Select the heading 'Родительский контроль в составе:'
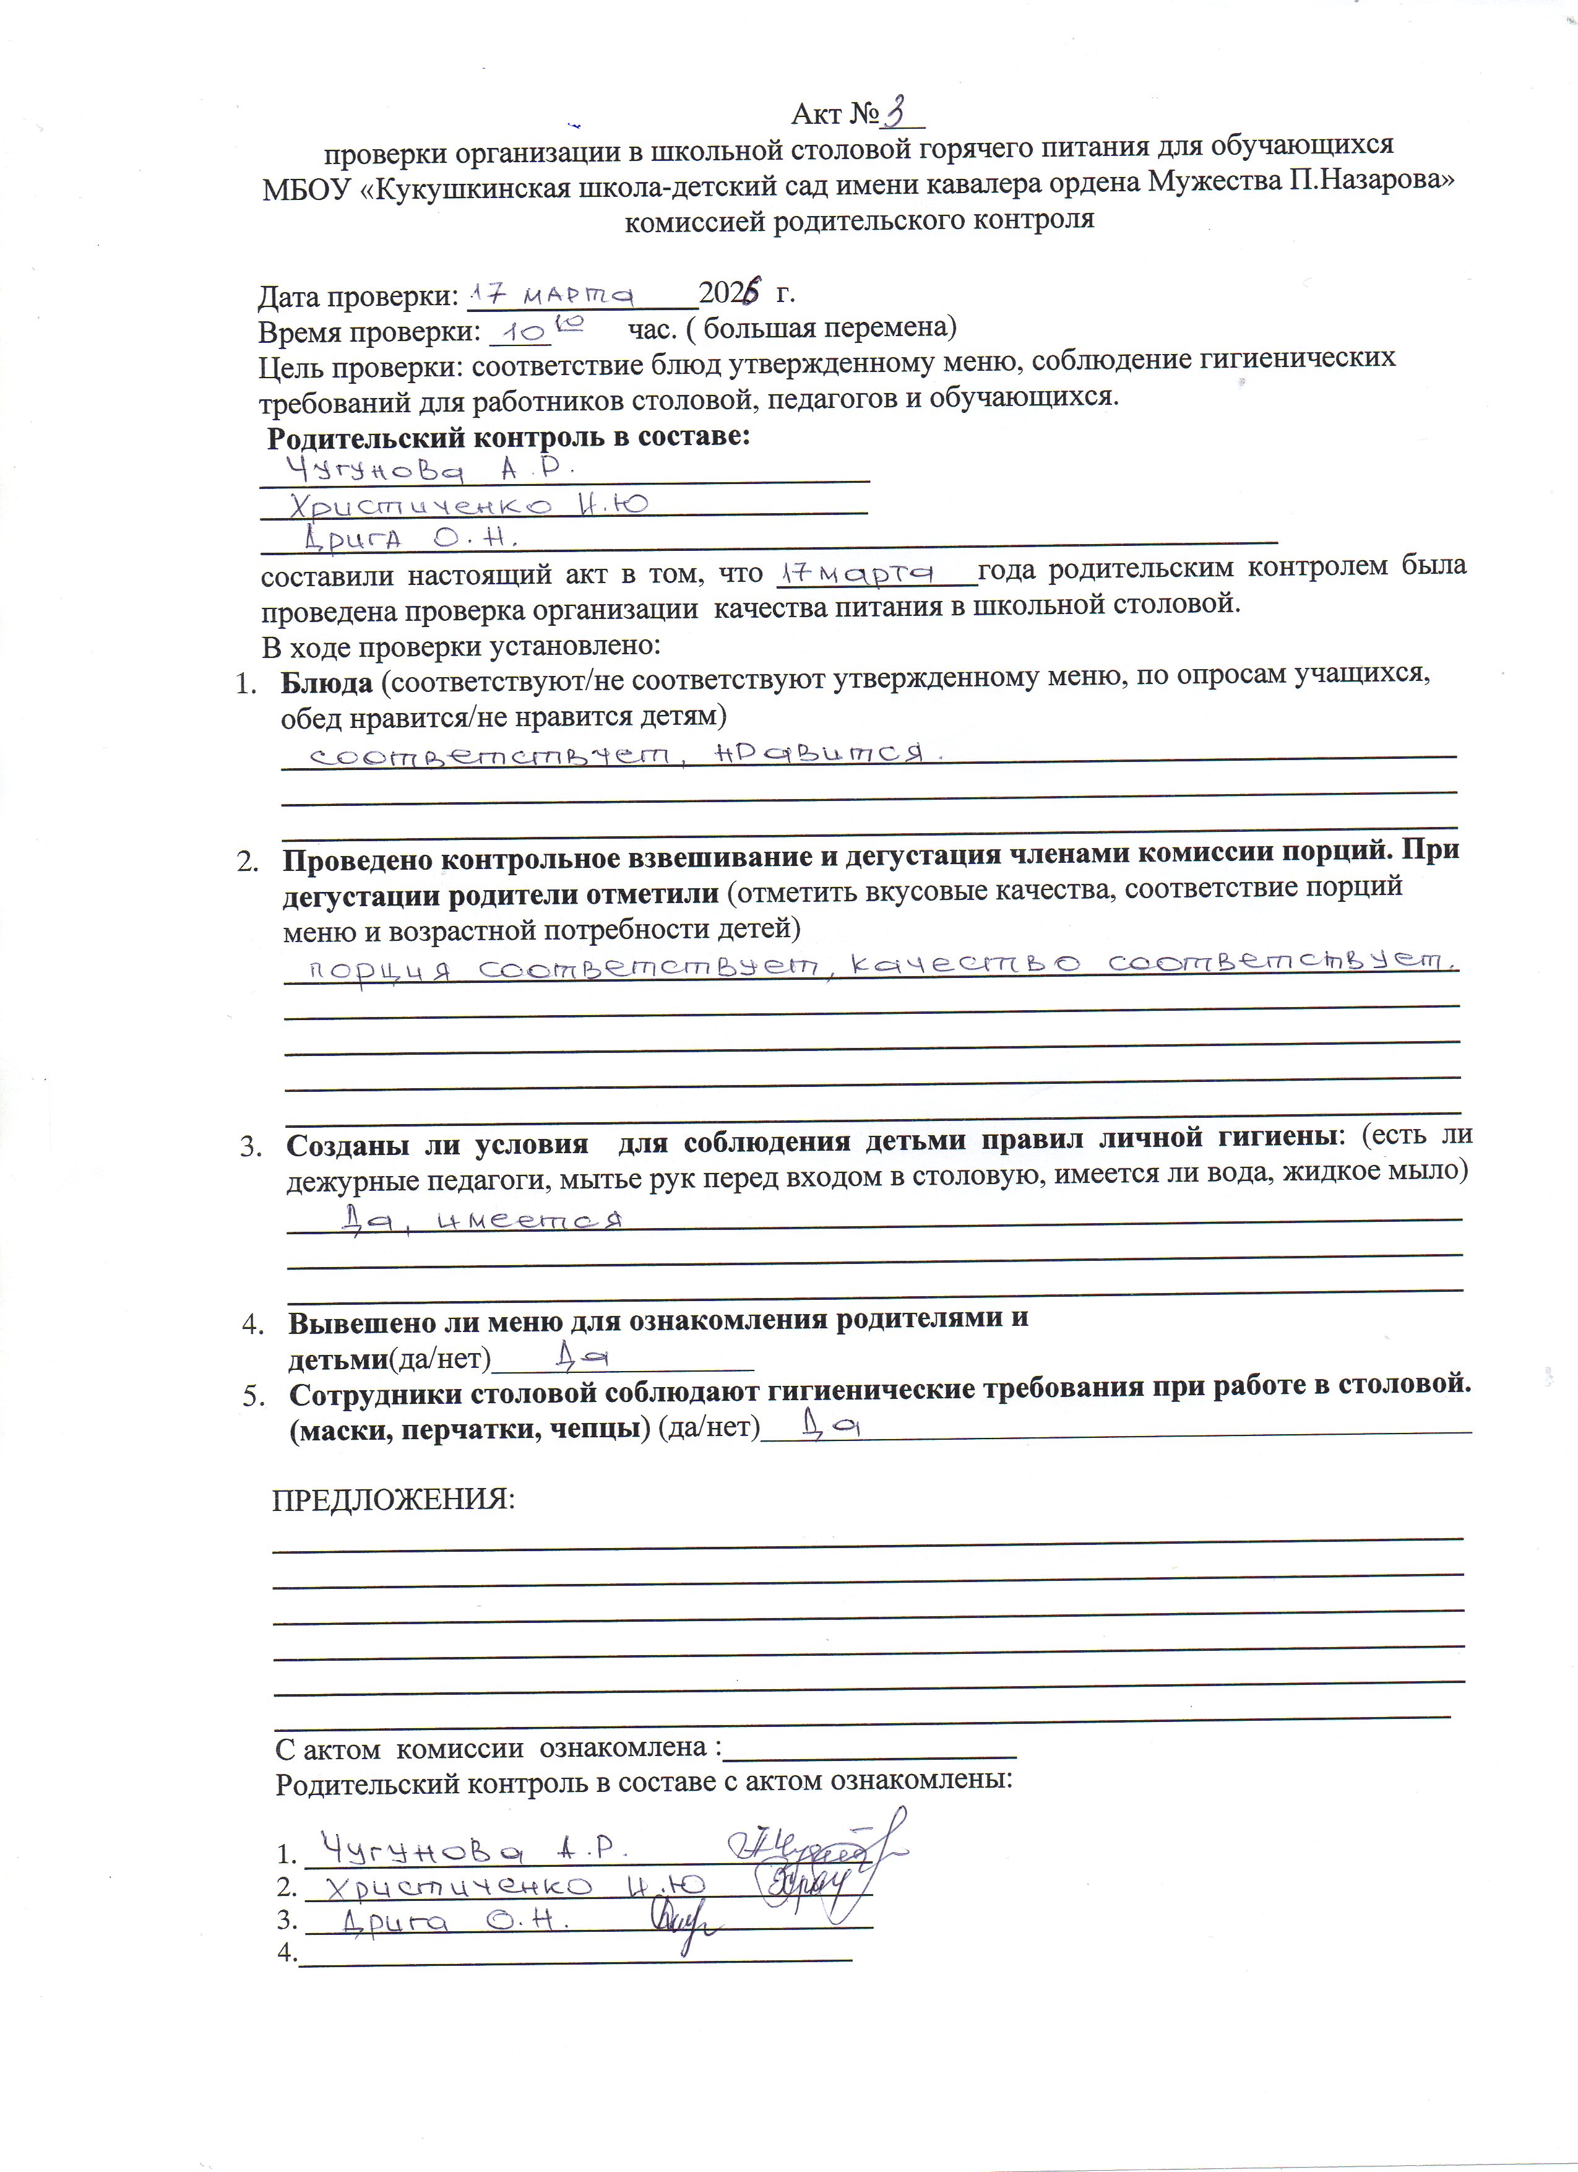(507, 438)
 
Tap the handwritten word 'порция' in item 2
(377, 969)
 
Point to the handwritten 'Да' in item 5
(833, 1429)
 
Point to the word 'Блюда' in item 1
(326, 683)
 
